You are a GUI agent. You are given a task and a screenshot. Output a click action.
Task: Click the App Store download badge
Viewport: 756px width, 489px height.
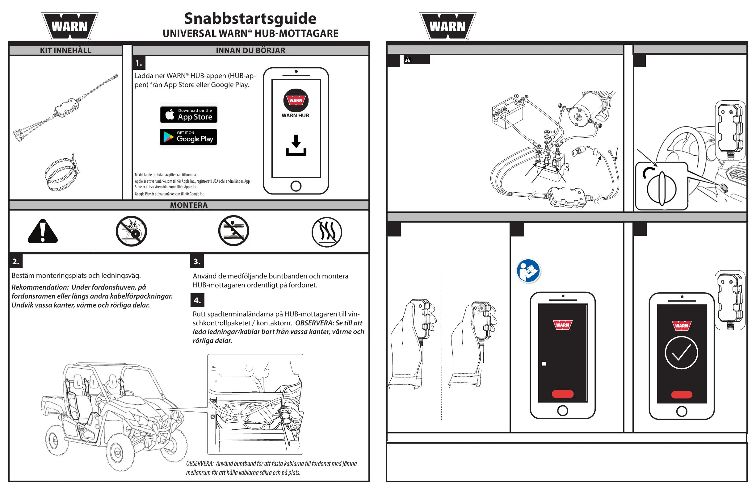pyautogui.click(x=188, y=115)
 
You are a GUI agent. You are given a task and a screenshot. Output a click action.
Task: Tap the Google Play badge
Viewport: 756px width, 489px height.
pyautogui.click(x=188, y=137)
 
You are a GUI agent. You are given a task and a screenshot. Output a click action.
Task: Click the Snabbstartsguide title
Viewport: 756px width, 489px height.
pyautogui.click(x=250, y=19)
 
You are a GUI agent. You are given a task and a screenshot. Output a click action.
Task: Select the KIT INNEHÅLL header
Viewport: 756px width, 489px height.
pyautogui.click(x=66, y=51)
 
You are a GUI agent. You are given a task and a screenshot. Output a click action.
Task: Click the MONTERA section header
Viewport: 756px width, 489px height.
pyautogui.click(x=189, y=205)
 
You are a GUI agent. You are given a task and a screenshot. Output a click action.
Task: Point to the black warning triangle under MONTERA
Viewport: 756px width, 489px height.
pyautogui.click(x=43, y=232)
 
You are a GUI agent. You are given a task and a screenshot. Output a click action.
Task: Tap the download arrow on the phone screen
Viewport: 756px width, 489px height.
pyautogui.click(x=296, y=145)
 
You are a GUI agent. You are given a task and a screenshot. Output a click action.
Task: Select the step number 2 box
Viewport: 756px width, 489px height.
pyautogui.click(x=16, y=262)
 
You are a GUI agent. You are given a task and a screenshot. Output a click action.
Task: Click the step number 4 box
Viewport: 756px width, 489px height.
pyautogui.click(x=197, y=300)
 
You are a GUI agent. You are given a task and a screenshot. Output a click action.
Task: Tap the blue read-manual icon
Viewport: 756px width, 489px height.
pyautogui.click(x=528, y=271)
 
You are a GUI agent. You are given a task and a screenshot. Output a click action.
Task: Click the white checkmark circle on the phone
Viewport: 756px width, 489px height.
pyautogui.click(x=681, y=353)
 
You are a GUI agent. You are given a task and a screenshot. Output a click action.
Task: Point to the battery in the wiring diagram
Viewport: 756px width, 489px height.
pyautogui.click(x=508, y=113)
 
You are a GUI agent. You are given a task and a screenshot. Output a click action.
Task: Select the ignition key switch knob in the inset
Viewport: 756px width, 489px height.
pyautogui.click(x=662, y=189)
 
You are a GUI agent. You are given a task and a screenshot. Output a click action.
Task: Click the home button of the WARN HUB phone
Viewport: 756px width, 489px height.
pyautogui.click(x=296, y=186)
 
